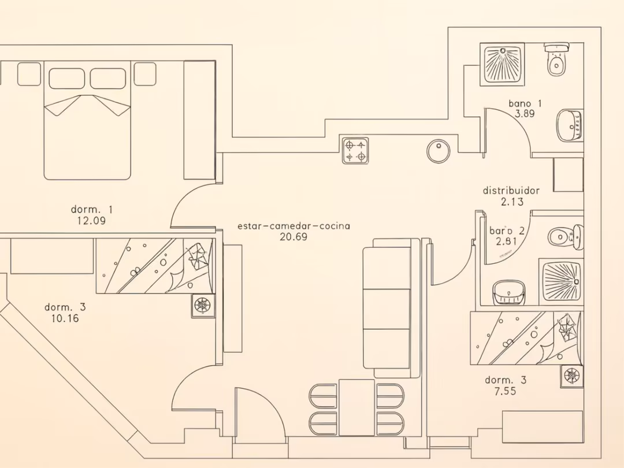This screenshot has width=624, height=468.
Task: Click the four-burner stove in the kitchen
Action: [355, 150]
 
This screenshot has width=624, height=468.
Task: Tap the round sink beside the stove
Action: [439, 151]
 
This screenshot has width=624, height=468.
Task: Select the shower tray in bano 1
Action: [502, 65]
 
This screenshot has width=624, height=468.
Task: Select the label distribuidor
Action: [511, 191]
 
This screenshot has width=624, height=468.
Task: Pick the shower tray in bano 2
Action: [561, 280]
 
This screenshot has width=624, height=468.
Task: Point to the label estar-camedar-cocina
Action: [294, 226]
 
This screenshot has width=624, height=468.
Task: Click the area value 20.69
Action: [294, 237]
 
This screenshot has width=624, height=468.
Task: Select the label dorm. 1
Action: [92, 209]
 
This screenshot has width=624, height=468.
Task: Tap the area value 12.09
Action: [91, 220]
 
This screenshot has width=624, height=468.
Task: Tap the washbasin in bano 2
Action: [509, 292]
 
